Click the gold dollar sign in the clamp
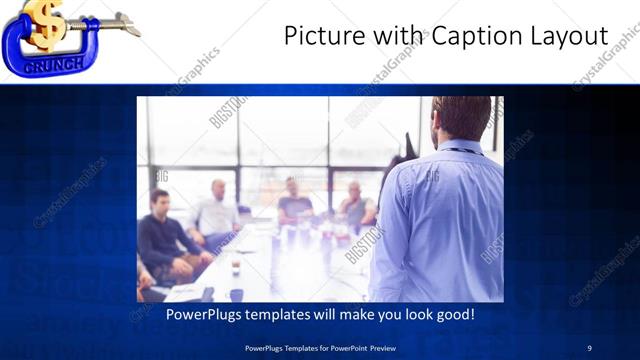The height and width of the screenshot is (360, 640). pyautogui.click(x=45, y=23)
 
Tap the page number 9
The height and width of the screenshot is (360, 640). pyautogui.click(x=590, y=347)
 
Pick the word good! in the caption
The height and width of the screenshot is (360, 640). pyautogui.click(x=454, y=315)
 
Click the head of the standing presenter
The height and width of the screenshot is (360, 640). pyautogui.click(x=462, y=118)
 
